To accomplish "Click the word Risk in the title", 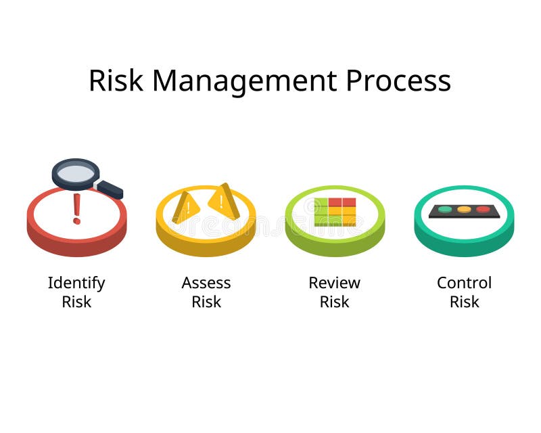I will click(x=116, y=81).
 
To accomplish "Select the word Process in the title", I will click(x=398, y=81).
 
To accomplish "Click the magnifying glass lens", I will click(x=75, y=173).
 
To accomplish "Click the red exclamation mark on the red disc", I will click(x=76, y=208).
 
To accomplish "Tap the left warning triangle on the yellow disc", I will click(x=185, y=206).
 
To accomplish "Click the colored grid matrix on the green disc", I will click(x=335, y=212).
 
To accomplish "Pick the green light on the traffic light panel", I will click(x=444, y=209).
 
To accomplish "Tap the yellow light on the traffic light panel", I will click(x=464, y=209).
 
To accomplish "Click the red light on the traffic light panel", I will click(x=483, y=209).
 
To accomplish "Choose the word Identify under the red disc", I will click(x=76, y=283).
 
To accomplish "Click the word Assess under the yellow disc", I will click(x=206, y=283).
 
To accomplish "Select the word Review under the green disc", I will click(x=335, y=283).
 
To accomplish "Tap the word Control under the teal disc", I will click(x=464, y=283).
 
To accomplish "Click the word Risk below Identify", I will click(x=76, y=302).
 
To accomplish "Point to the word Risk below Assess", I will click(x=206, y=302).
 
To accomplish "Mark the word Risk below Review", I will click(x=335, y=302).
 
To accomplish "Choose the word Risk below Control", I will click(x=464, y=302).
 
